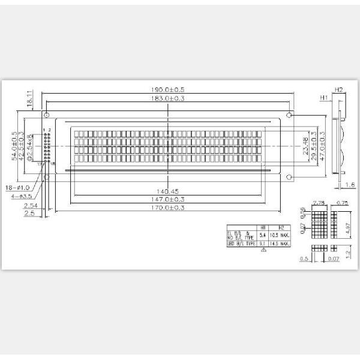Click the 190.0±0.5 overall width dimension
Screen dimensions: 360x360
(x=168, y=90)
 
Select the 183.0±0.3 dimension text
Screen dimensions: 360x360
(x=168, y=99)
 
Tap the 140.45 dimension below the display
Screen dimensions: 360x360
(x=168, y=192)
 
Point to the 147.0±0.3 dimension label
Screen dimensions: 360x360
(x=168, y=199)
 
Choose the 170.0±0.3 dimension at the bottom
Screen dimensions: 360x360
(x=168, y=208)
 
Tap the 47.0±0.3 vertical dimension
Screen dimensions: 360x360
(x=322, y=145)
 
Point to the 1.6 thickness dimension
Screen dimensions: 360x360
(x=352, y=185)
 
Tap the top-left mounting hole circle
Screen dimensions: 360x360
(x=46, y=115)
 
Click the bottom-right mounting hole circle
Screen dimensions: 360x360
(x=289, y=176)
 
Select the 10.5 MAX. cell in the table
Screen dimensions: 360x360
(x=283, y=235)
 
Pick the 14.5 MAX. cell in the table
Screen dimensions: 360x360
(x=283, y=244)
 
